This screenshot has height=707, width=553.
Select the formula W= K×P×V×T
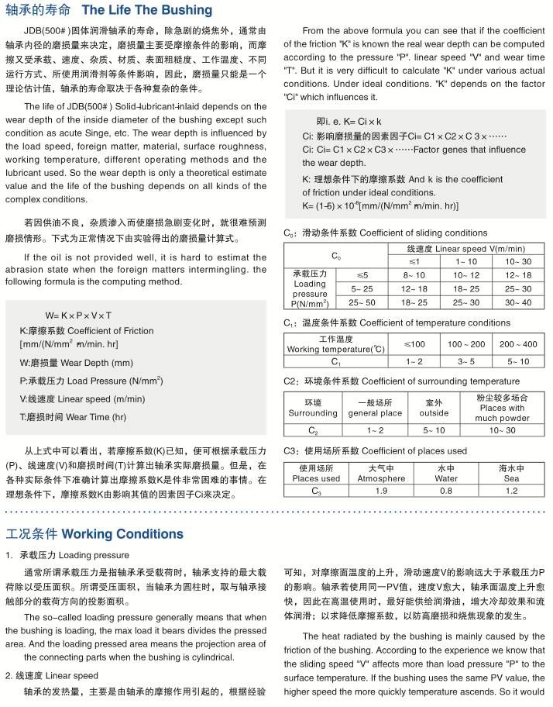78,316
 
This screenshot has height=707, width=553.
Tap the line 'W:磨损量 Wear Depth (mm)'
76,362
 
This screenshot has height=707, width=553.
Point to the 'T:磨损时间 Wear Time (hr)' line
72,416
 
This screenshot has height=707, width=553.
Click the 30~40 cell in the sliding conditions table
518,302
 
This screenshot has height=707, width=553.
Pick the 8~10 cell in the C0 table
414,275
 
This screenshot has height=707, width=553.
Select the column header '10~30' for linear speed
518,261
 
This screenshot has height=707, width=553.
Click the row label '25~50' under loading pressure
362,302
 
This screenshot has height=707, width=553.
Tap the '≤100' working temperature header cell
414,343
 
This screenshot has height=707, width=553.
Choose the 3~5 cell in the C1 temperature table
465,361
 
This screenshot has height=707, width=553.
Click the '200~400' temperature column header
518,343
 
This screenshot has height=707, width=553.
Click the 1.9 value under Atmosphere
381,491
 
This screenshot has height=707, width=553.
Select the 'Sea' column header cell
511,474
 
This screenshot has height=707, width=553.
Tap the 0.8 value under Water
446,491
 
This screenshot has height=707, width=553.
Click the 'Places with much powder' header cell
502,408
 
